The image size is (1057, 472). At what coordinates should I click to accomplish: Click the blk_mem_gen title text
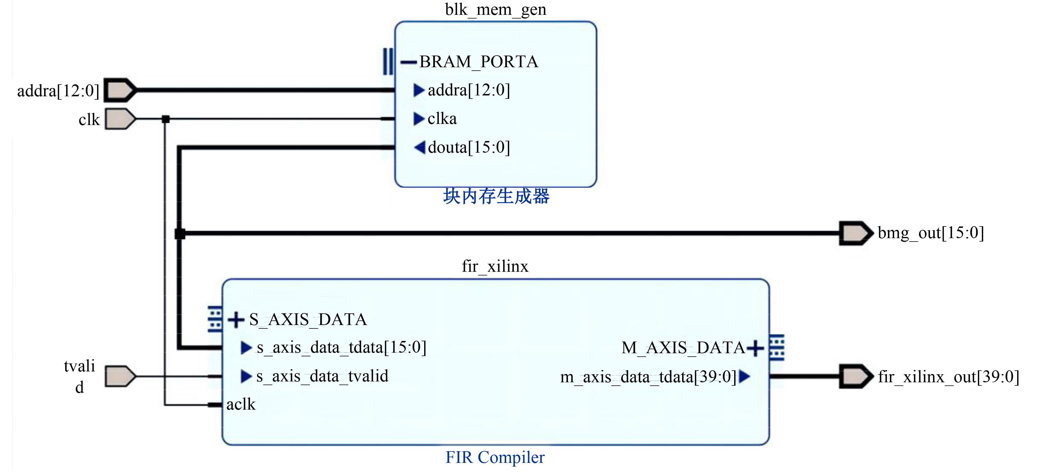495,9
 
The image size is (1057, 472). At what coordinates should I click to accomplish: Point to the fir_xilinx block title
495,266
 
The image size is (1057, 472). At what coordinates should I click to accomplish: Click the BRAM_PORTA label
479,62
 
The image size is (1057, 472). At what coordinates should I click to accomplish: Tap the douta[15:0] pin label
469,147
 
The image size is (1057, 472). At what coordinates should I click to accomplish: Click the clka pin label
442,118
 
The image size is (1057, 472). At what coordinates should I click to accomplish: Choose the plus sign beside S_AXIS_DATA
236,320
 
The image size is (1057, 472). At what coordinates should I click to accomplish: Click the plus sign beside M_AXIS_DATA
755,348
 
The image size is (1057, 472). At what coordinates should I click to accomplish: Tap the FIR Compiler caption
495,457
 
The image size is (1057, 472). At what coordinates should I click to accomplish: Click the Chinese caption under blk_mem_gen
496,196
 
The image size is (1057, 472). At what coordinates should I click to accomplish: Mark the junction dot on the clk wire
165,119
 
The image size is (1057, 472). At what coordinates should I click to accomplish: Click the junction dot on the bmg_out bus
180,234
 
